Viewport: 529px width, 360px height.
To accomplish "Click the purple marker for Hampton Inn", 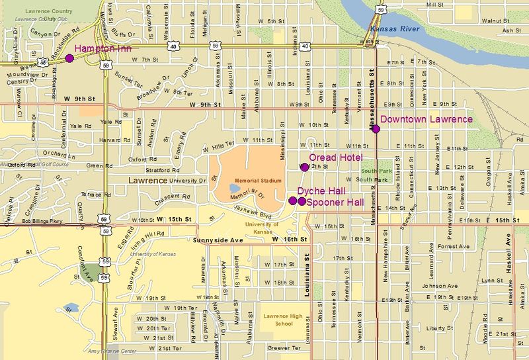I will [x=69, y=58].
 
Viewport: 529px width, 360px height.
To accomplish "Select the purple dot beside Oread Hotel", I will [x=304, y=167].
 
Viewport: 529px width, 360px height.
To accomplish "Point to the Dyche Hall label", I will [x=321, y=191].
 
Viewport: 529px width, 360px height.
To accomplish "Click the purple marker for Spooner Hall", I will [x=302, y=201].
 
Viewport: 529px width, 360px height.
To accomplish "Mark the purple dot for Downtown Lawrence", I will [x=376, y=129].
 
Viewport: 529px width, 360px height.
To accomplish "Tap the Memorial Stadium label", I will [x=259, y=181].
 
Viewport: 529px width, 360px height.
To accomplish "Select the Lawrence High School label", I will [x=282, y=320].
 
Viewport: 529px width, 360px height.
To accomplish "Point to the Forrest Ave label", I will [x=453, y=246].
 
